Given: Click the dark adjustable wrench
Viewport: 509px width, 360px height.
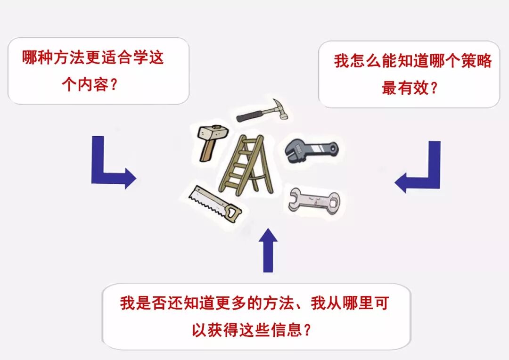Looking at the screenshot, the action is (x=311, y=150).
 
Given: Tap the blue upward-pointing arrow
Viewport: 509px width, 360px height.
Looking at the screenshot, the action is (x=268, y=250).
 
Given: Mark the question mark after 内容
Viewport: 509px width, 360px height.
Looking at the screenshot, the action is (x=113, y=84).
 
